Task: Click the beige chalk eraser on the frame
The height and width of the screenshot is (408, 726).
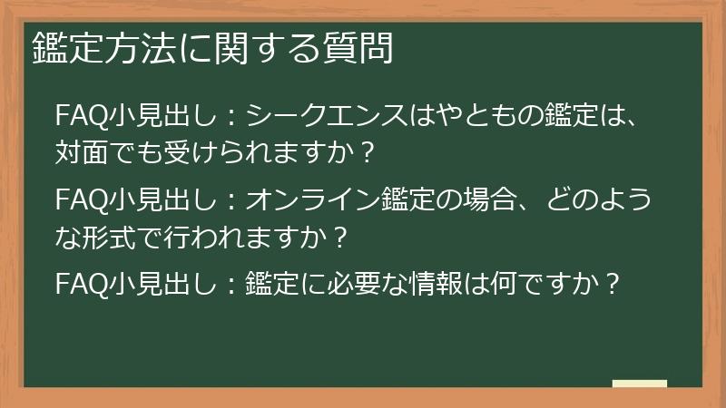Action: tap(639, 384)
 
